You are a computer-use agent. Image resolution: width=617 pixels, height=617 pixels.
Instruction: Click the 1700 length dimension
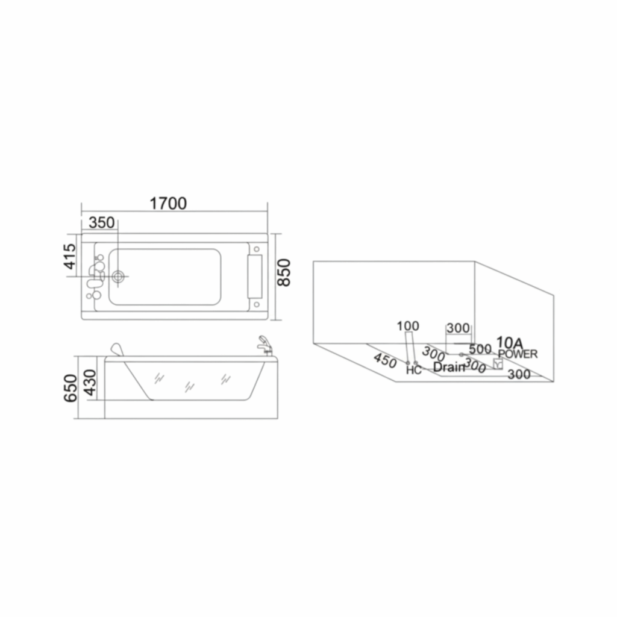(x=168, y=204)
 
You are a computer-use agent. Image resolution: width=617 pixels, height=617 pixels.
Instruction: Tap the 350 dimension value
(x=101, y=223)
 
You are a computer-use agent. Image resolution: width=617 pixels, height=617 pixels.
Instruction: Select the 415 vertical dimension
(x=70, y=256)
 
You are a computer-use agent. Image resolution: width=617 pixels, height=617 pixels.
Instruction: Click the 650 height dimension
(x=71, y=388)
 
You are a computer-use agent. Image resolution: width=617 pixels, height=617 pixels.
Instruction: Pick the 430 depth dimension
(x=90, y=381)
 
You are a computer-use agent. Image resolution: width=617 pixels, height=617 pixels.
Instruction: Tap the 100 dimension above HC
(x=408, y=326)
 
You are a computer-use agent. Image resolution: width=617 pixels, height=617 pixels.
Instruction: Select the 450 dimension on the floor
(x=385, y=360)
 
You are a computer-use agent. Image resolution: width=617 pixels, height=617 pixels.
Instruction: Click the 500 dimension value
(x=480, y=349)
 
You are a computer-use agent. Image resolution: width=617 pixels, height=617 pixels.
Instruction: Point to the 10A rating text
(x=510, y=342)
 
